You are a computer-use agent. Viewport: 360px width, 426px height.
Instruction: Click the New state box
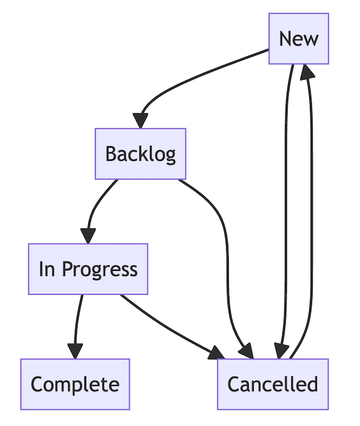tap(299, 39)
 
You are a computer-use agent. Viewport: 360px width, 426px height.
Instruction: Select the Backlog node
tap(140, 154)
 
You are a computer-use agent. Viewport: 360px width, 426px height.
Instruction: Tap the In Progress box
tap(88, 269)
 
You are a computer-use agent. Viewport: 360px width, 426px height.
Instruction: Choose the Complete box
tap(75, 384)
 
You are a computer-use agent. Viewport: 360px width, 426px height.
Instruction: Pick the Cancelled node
tap(272, 384)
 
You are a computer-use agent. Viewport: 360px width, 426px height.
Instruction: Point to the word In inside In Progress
tap(47, 269)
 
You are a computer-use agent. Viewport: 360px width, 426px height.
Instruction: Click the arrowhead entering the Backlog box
tap(142, 120)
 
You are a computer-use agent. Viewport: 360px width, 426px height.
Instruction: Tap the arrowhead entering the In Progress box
tap(88, 236)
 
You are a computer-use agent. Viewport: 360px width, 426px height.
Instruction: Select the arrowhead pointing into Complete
tap(75, 351)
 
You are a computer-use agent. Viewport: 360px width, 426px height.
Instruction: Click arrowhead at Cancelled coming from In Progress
tap(216, 353)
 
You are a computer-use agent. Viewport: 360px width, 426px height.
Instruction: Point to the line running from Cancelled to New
tap(311, 219)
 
